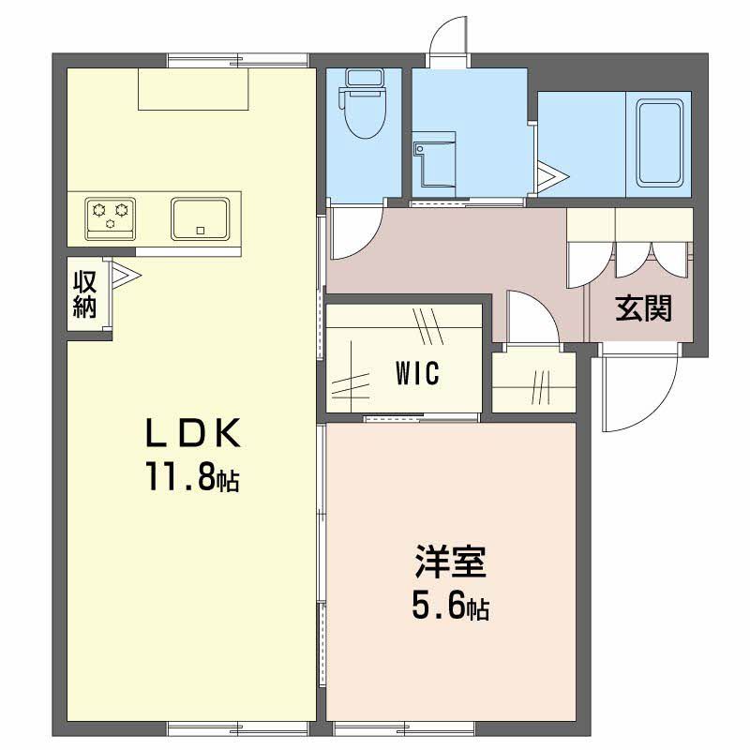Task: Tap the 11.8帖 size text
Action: click(191, 480)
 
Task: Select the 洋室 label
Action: click(450, 564)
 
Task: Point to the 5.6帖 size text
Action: click(450, 607)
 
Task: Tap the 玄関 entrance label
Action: click(644, 308)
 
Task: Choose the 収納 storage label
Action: click(86, 293)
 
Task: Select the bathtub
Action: click(664, 142)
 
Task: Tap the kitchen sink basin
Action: click(201, 218)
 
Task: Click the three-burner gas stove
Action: click(111, 215)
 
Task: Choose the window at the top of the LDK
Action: click(238, 61)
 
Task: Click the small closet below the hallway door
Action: click(533, 382)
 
